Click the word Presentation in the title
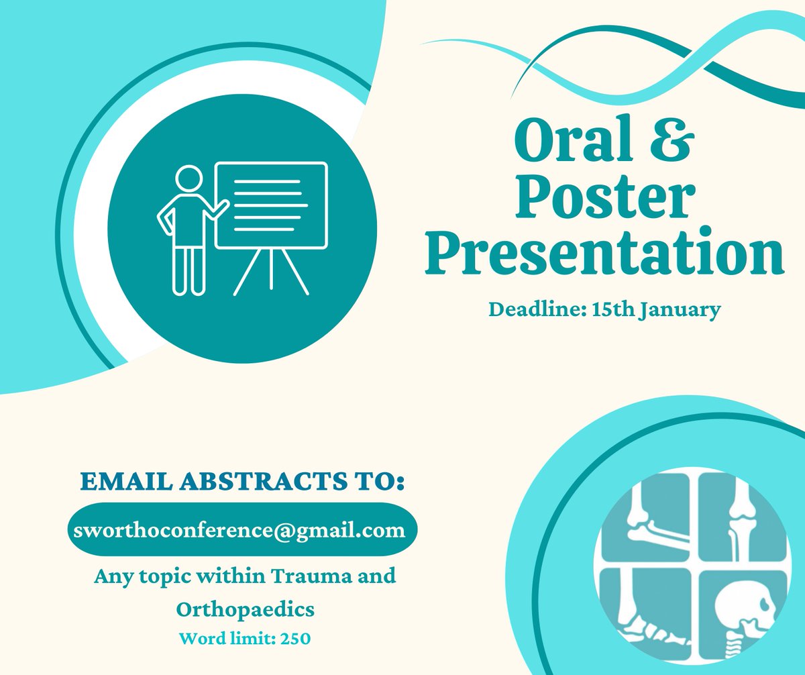(x=604, y=253)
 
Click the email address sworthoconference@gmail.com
(x=242, y=531)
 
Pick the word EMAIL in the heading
(x=121, y=481)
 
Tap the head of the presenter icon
(x=189, y=180)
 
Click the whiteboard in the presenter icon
(x=271, y=205)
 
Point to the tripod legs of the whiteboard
(x=271, y=272)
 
